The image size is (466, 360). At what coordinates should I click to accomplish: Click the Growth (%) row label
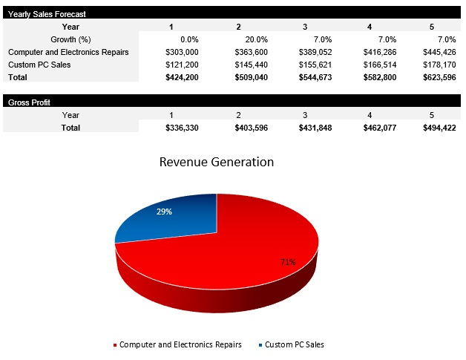point(70,39)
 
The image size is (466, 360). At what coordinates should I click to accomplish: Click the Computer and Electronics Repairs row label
point(68,52)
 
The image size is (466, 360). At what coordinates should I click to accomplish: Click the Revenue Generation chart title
point(217,162)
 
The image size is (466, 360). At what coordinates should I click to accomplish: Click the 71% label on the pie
point(288,262)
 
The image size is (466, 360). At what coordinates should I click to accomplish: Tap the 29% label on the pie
point(164,212)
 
